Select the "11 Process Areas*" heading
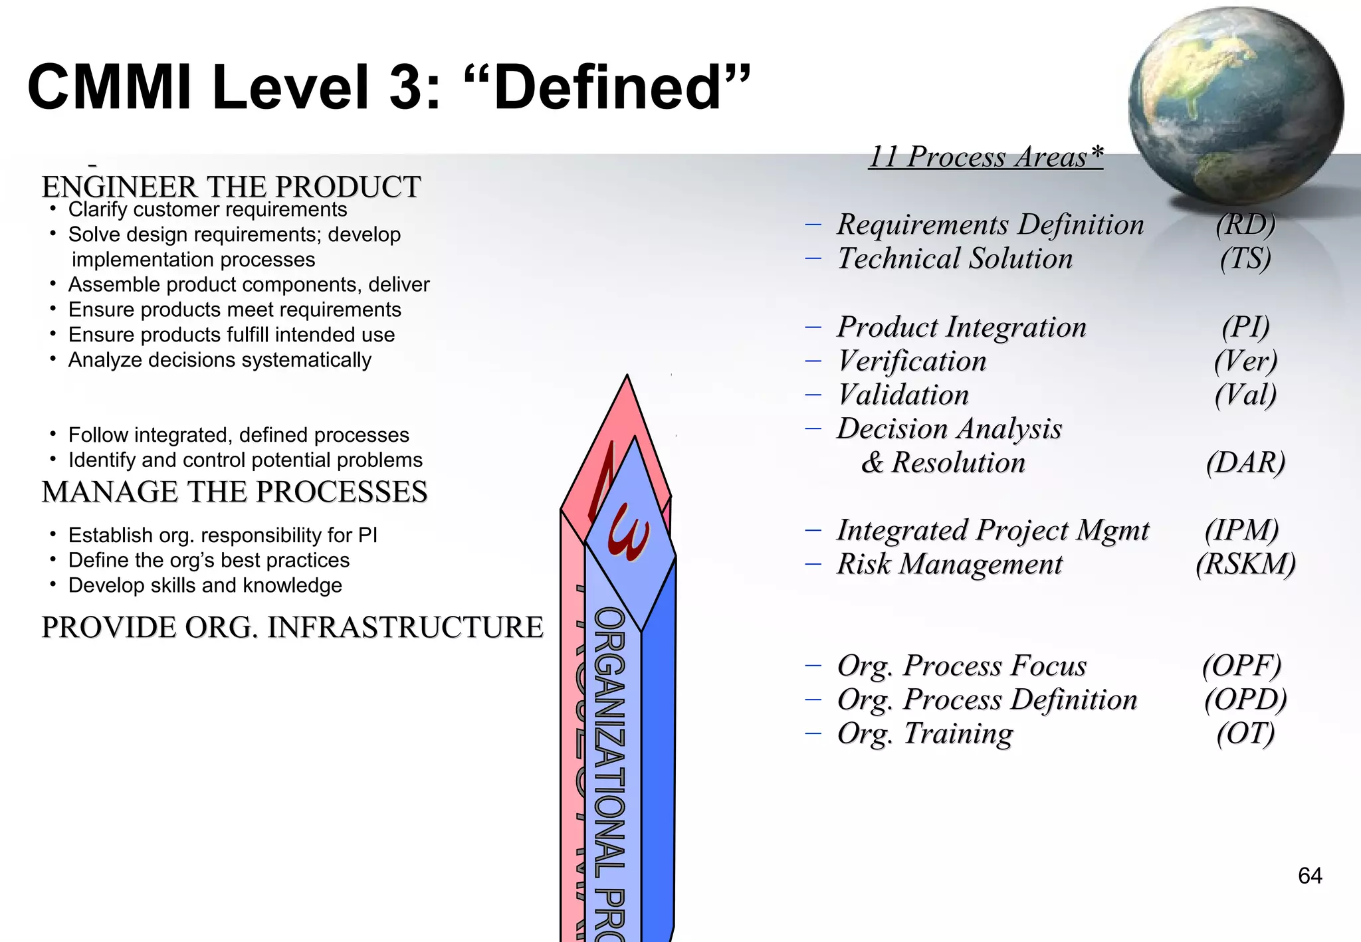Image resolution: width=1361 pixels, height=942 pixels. click(986, 157)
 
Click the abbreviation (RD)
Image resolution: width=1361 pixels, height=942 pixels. click(1245, 225)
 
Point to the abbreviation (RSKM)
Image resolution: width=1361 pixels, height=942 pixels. click(1245, 564)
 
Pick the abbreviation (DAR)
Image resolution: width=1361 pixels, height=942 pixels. click(1245, 462)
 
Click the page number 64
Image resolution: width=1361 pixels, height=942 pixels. click(1309, 876)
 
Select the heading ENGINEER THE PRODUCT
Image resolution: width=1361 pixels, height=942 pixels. click(231, 187)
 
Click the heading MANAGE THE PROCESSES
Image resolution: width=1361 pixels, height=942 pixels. click(234, 492)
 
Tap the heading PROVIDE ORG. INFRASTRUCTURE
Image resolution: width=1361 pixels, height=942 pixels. click(292, 627)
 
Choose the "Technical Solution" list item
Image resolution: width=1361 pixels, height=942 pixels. click(954, 258)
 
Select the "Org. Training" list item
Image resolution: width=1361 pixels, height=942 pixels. click(924, 733)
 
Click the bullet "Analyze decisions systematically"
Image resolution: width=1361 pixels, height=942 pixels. click(219, 360)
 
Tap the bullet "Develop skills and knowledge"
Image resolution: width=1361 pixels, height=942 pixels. click(205, 585)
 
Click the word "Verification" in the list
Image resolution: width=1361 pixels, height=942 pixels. click(911, 361)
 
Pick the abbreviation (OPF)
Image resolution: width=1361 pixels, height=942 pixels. click(1241, 666)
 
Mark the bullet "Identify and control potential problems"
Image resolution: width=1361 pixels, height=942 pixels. click(245, 460)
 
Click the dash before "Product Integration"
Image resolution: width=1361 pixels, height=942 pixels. click(813, 327)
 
